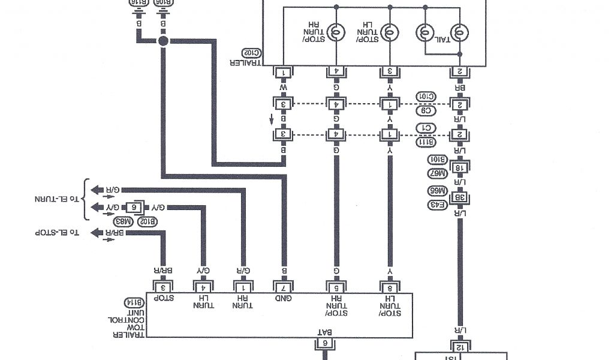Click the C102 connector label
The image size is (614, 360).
click(251, 52)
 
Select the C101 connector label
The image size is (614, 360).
click(426, 96)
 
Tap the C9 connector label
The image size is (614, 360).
click(426, 110)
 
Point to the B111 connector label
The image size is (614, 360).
click(426, 142)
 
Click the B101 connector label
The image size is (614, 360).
click(437, 160)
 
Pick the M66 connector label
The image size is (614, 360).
click(437, 190)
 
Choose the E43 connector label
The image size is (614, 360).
click(437, 205)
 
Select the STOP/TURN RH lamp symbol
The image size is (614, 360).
click(336, 32)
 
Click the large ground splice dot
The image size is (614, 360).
click(163, 40)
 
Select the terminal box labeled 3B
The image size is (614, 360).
click(460, 197)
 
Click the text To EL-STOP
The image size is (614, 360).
click(58, 232)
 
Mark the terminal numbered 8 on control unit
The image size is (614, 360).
click(390, 286)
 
